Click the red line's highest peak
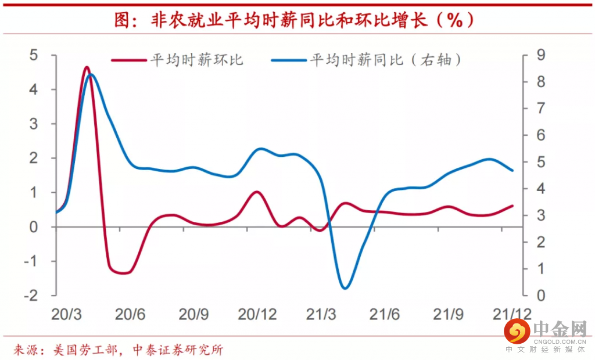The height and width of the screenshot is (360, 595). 87,67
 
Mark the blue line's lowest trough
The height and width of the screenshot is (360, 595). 345,287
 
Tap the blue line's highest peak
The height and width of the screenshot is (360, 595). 91,75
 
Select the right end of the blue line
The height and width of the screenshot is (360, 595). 512,170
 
